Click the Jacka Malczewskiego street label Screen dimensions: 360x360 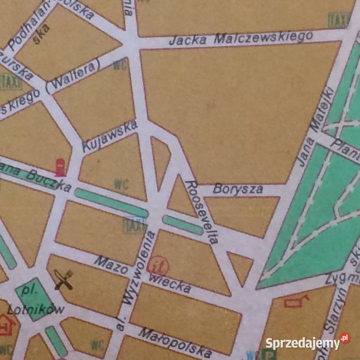pyautogui.click(x=241, y=38)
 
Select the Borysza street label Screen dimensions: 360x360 pyautogui.click(x=237, y=189)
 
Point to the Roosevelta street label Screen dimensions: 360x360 pyautogui.click(x=202, y=211)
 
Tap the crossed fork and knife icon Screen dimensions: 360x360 pyautogui.click(x=63, y=279)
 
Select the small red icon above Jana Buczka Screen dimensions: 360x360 pyautogui.click(x=60, y=167)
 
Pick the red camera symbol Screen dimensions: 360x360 pyautogui.click(x=296, y=300)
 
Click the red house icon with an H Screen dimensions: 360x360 pyautogui.click(x=6, y=325)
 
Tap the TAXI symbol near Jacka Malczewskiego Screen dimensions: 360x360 pyautogui.click(x=339, y=20)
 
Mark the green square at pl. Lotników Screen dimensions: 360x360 pyautogui.click(x=34, y=298)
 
